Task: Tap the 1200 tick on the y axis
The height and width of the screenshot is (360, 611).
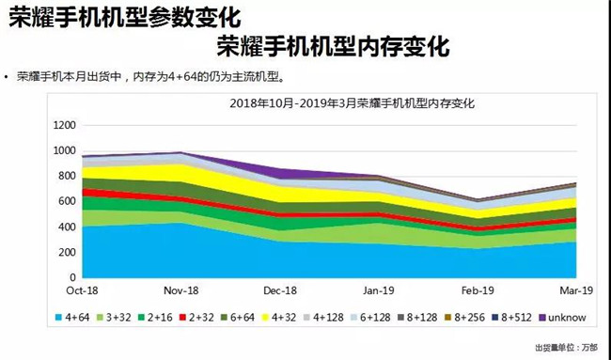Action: [x=63, y=125]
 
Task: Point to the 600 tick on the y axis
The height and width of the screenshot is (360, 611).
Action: [x=67, y=202]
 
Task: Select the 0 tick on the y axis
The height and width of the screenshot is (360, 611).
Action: [x=71, y=278]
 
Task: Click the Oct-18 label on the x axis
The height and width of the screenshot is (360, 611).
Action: [x=83, y=291]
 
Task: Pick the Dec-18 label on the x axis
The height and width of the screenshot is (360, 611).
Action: [x=279, y=291]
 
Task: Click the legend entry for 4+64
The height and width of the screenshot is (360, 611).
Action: [x=78, y=319]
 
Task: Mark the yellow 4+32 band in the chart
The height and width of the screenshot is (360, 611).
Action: [x=188, y=175]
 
